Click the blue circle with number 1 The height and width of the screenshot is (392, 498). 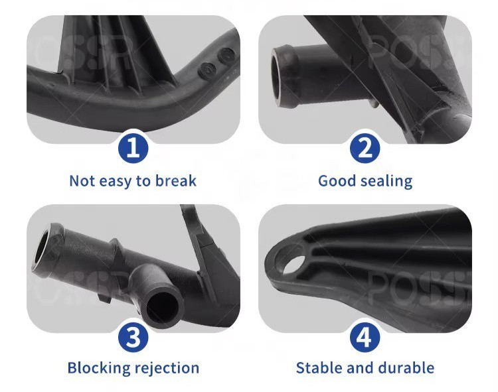point(133,148)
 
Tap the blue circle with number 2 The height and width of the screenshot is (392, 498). point(365,148)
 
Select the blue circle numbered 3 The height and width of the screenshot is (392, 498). point(133,337)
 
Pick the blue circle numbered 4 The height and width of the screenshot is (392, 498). point(365,337)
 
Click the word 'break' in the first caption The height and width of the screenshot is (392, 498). point(176,181)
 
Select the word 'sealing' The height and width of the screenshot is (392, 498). point(387,182)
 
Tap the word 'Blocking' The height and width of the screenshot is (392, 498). point(99,368)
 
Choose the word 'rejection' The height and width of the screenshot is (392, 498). point(167,369)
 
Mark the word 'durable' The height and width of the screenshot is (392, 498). point(407,368)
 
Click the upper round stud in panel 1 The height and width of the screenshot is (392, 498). point(226,55)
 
